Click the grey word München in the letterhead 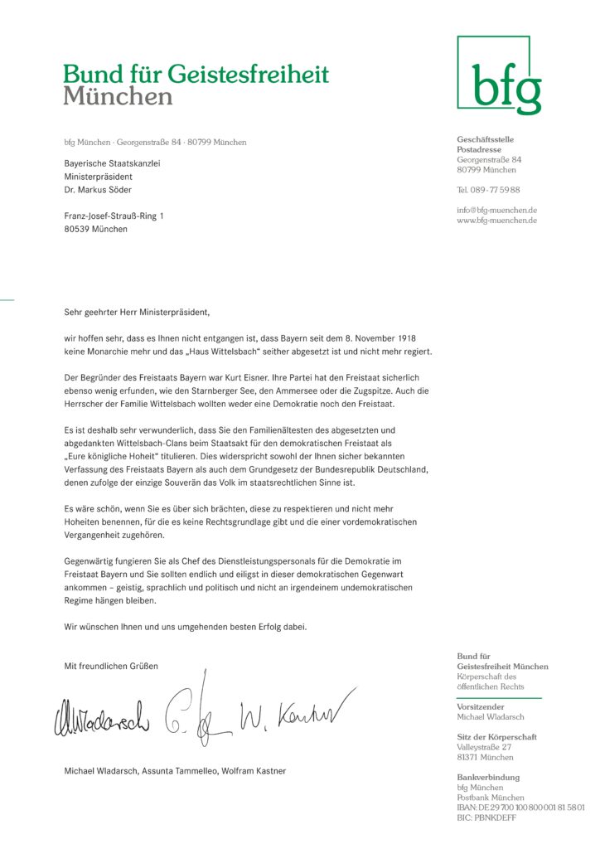[x=118, y=97]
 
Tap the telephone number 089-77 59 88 [x=488, y=190]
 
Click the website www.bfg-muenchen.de [x=496, y=221]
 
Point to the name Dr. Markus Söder [x=98, y=190]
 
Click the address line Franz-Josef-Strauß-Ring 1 [x=114, y=216]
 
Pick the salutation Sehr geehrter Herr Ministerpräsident [x=138, y=313]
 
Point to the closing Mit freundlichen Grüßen [x=111, y=666]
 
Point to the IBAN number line [x=520, y=807]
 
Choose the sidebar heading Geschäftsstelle [x=485, y=139]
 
